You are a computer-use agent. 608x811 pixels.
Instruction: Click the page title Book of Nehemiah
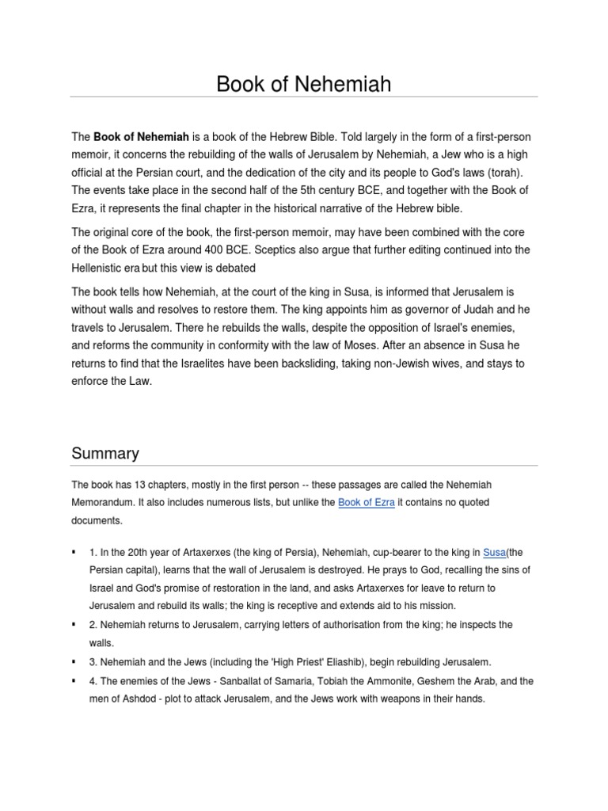(304, 84)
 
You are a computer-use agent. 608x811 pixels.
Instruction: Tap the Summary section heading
(105, 453)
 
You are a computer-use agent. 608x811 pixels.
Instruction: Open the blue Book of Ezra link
(366, 502)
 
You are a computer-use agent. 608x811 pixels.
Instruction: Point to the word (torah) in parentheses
(503, 172)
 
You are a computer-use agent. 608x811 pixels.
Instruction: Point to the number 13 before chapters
(131, 483)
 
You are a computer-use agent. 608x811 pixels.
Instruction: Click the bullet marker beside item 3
(74, 661)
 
